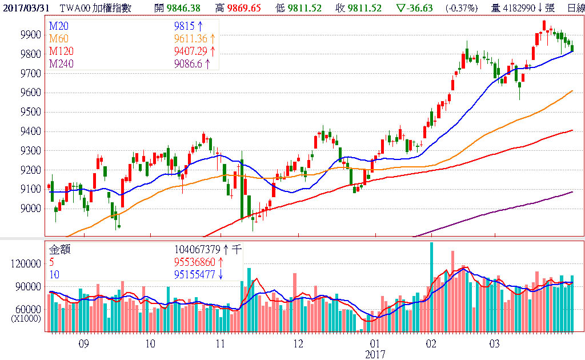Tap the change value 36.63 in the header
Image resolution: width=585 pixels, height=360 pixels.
[x=421, y=7]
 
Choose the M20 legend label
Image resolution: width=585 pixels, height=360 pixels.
[x=58, y=26]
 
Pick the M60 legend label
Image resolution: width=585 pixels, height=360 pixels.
[x=58, y=39]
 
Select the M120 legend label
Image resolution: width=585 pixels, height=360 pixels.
[x=61, y=51]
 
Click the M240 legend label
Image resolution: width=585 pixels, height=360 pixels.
[x=61, y=64]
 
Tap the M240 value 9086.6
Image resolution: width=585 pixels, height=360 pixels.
[x=188, y=64]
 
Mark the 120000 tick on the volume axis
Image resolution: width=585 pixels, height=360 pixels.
[x=26, y=264]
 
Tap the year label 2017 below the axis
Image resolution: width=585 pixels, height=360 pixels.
[x=375, y=354]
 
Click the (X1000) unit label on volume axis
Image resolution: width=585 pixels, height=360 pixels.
[x=26, y=318]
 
